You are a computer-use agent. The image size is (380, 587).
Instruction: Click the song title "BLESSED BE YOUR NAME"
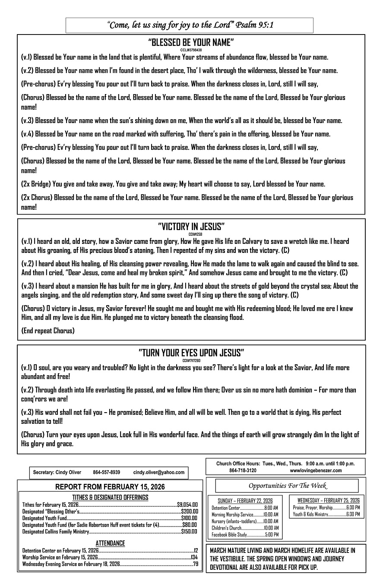click(191, 42)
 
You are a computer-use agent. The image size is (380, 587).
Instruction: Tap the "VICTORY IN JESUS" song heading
click(191, 227)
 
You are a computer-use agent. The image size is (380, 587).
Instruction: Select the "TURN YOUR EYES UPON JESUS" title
click(191, 353)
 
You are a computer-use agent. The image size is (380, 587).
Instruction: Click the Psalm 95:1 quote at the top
click(190, 25)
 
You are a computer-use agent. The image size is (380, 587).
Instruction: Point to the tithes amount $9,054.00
click(187, 504)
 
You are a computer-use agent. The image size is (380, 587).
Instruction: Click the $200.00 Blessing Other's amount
click(189, 511)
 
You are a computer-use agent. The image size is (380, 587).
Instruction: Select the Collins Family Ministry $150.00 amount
click(189, 531)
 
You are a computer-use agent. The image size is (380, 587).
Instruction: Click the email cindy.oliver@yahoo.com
click(158, 472)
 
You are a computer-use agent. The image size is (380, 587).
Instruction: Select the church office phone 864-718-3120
click(242, 470)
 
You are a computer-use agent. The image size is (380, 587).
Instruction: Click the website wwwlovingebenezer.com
click(316, 470)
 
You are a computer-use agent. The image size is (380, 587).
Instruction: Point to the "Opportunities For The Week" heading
click(288, 486)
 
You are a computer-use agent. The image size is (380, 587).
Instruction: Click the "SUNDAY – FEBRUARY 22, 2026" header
click(245, 501)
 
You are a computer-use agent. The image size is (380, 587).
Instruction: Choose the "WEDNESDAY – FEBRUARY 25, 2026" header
click(328, 500)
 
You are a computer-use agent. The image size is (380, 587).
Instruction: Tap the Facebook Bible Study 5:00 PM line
click(245, 535)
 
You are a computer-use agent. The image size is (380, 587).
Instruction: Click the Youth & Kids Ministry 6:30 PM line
click(326, 514)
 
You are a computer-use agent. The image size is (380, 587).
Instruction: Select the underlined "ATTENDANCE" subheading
click(110, 543)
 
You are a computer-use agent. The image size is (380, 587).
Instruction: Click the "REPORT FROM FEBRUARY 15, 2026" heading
click(110, 487)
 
